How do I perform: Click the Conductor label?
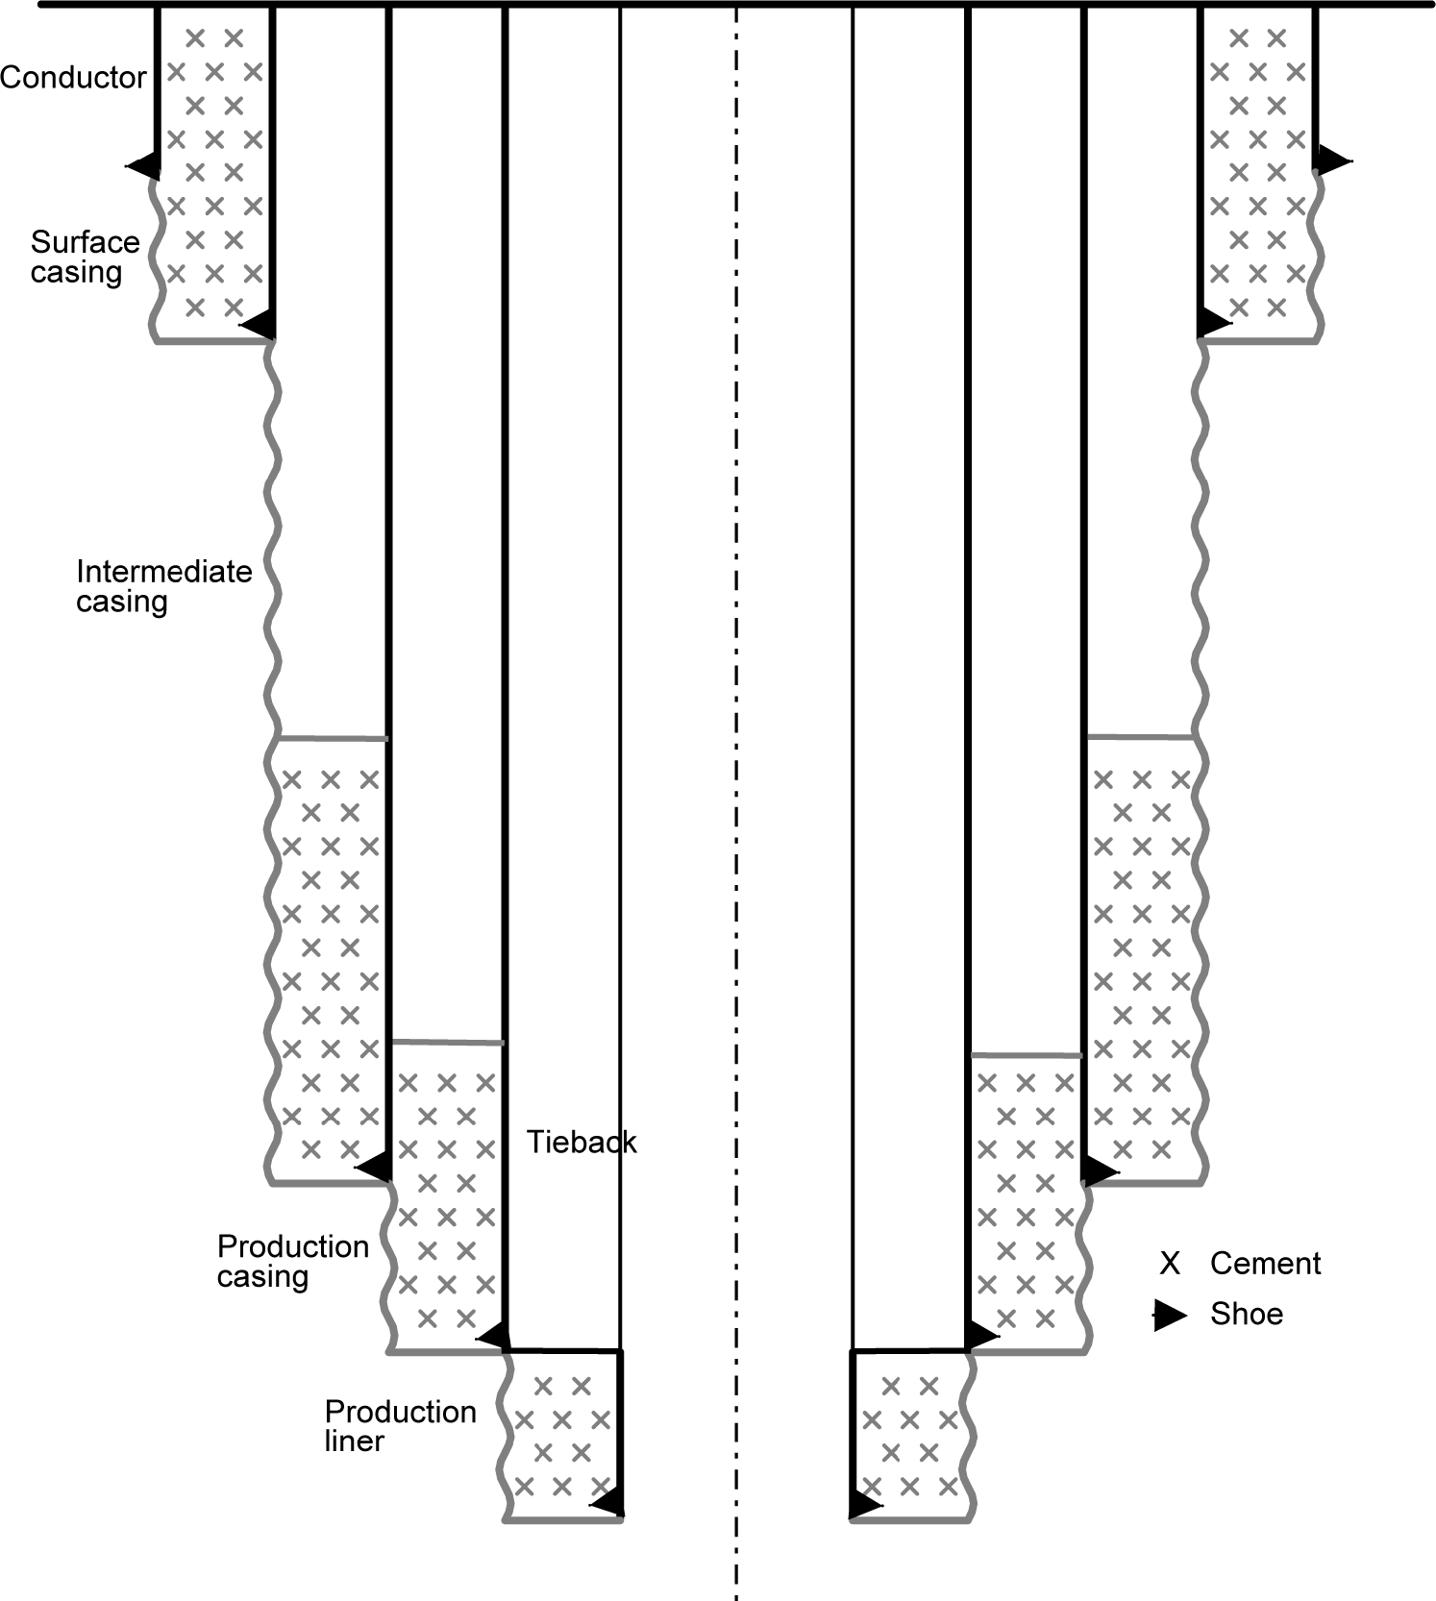pyautogui.click(x=73, y=77)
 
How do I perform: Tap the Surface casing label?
pyautogui.click(x=85, y=257)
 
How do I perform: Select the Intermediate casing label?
pyautogui.click(x=163, y=586)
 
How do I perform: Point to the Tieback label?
pyautogui.click(x=582, y=1142)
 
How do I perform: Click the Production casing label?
pyautogui.click(x=292, y=1261)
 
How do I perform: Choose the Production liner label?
pyautogui.click(x=400, y=1426)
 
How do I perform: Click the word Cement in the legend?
pyautogui.click(x=1265, y=1263)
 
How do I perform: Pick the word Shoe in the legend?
pyautogui.click(x=1246, y=1314)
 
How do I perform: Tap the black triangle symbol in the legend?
pyautogui.click(x=1170, y=1315)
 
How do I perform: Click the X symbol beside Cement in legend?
pyautogui.click(x=1170, y=1263)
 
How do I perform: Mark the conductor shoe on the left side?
pyautogui.click(x=145, y=165)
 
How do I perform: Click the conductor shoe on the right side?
pyautogui.click(x=1332, y=160)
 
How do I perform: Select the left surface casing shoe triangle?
pyautogui.click(x=260, y=324)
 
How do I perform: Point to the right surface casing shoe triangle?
pyautogui.click(x=1213, y=321)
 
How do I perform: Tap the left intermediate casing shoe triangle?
pyautogui.click(x=375, y=1167)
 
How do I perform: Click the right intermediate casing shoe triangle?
pyautogui.click(x=1100, y=1171)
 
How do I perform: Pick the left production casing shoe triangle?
pyautogui.click(x=494, y=1335)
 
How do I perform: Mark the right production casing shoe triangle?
pyautogui.click(x=980, y=1335)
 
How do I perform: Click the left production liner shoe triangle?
pyautogui.click(x=608, y=1502)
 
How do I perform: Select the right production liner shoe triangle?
pyautogui.click(x=864, y=1505)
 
